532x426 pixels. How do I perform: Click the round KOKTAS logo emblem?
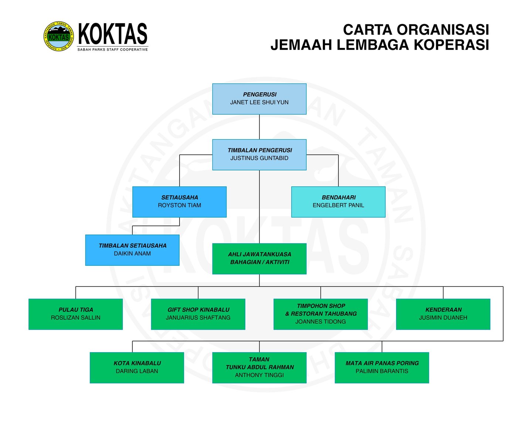(x=58, y=36)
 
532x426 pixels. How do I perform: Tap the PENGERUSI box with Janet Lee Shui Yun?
(x=259, y=99)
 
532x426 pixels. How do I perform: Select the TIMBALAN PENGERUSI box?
(x=259, y=155)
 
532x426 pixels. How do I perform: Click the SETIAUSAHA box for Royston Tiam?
(x=180, y=202)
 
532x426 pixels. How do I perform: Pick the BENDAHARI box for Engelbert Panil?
(x=338, y=202)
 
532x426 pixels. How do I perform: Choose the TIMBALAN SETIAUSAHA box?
(x=132, y=250)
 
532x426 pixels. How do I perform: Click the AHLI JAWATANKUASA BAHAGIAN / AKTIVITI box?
(x=259, y=258)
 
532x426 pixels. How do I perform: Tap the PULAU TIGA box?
(x=76, y=314)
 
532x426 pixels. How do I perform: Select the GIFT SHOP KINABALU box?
(x=198, y=314)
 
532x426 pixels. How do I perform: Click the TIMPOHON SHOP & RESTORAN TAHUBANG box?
(x=321, y=314)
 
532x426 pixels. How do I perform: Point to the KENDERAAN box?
(x=443, y=314)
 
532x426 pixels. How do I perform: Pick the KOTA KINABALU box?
(x=137, y=368)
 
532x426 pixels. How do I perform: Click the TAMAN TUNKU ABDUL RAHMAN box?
(x=259, y=368)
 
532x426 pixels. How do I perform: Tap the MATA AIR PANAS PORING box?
(x=382, y=368)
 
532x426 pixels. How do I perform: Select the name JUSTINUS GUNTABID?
(x=259, y=158)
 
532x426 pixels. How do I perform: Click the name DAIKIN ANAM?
(x=132, y=254)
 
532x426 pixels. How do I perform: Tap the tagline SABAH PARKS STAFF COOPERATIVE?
(x=112, y=49)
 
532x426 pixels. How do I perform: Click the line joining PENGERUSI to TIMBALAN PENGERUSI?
(x=259, y=127)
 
